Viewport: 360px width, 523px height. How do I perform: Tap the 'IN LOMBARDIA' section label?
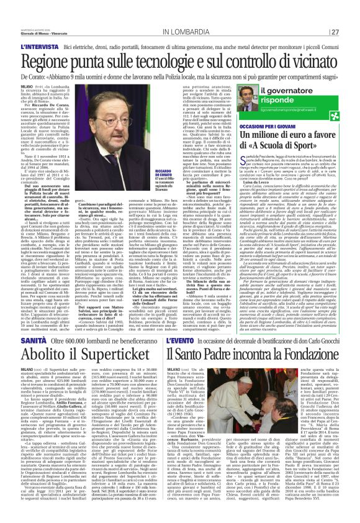(x=186, y=14)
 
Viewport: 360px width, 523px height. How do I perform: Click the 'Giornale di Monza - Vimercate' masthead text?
(x=28, y=14)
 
